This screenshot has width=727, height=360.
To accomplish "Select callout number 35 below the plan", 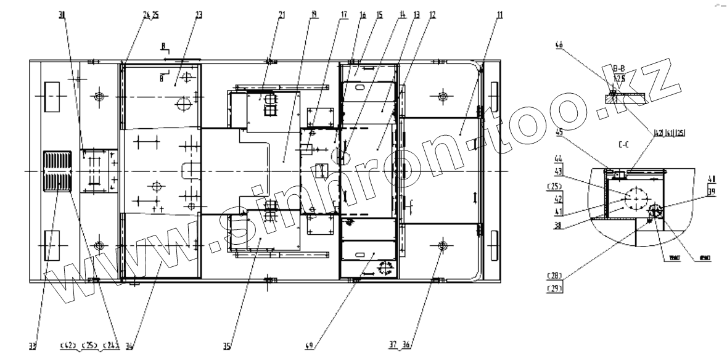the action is (227, 346).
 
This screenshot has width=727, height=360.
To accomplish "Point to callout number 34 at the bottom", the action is (129, 346).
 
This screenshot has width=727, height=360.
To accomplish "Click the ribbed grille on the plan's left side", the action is (57, 171).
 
